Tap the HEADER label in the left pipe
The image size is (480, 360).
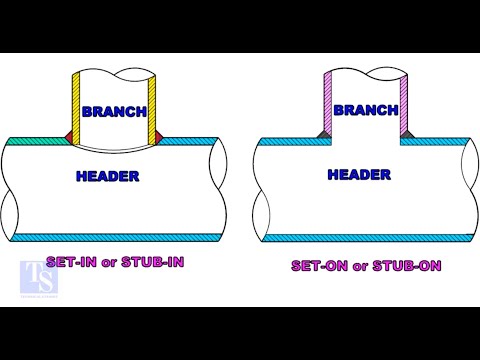108,176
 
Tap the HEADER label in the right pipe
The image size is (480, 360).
359,174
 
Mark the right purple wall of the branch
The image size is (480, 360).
405,105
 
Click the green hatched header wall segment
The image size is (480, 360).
35,142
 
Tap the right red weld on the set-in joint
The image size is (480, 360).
159,135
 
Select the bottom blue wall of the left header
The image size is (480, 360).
110,236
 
